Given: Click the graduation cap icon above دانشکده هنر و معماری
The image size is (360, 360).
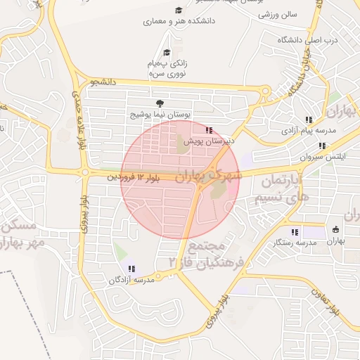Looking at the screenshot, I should pyautogui.click(x=179, y=11).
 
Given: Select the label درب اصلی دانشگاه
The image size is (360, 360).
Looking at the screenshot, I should pyautogui.click(x=306, y=40).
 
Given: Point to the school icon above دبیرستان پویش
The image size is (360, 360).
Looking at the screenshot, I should pyautogui.click(x=208, y=130).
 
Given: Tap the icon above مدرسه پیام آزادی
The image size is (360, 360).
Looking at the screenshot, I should pyautogui.click(x=309, y=120).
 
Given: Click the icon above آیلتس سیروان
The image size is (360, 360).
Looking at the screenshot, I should pyautogui.click(x=321, y=146).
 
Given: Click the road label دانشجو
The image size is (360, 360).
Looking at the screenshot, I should pyautogui.click(x=102, y=82).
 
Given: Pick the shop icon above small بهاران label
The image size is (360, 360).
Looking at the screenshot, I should pyautogui.click(x=335, y=230).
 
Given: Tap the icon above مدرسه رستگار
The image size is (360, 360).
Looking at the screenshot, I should pyautogui.click(x=294, y=231).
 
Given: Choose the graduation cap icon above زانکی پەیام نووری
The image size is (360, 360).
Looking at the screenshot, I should pyautogui.click(x=167, y=52).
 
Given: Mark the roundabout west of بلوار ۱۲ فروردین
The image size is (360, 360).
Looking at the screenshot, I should pyautogui.click(x=84, y=172).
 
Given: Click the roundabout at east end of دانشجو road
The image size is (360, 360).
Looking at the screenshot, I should pyautogui.click(x=265, y=91).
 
